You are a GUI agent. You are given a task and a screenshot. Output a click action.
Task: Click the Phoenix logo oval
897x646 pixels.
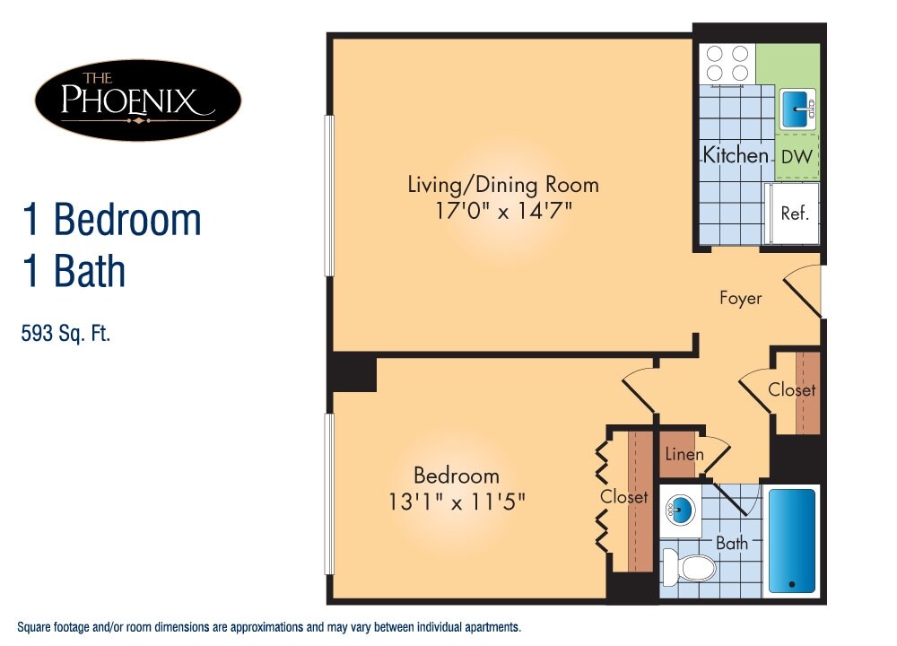[137, 100]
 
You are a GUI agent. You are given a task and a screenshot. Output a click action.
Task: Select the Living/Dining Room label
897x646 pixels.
[503, 185]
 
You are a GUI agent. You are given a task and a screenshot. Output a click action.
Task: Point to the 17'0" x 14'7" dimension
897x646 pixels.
[503, 212]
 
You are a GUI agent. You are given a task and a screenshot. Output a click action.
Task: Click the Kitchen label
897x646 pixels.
[735, 155]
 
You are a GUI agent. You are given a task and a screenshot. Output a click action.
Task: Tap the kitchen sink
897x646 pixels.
[796, 109]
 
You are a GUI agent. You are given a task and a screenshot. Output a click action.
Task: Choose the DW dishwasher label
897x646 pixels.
[797, 156]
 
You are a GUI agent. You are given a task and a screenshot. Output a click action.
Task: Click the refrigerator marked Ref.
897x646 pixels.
[794, 213]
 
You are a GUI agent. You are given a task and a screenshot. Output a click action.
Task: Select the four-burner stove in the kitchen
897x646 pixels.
[727, 63]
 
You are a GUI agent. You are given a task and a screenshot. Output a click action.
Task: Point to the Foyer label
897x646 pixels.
[740, 298]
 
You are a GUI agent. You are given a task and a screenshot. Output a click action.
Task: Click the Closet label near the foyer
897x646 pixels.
[792, 389]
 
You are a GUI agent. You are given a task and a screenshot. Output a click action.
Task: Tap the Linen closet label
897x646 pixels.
[684, 454]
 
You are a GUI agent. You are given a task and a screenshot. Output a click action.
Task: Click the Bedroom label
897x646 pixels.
[456, 476]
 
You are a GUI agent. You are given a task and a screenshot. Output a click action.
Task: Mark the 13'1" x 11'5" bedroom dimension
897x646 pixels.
[457, 502]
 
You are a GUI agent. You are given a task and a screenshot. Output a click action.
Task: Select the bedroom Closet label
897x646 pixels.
[624, 496]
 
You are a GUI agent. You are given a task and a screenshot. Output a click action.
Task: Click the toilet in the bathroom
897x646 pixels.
[690, 567]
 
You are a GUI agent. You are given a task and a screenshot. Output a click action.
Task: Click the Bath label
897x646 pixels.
[731, 543]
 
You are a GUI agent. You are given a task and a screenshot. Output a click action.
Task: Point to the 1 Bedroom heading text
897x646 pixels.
[111, 220]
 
